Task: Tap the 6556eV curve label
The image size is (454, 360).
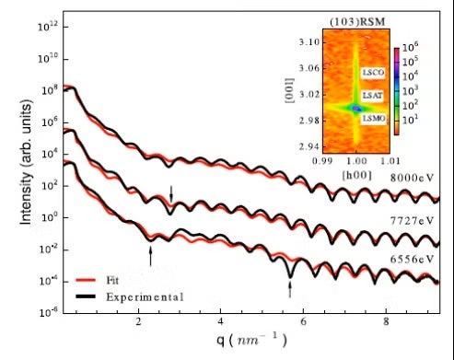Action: click(x=410, y=260)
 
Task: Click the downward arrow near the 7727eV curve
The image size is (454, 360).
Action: click(x=170, y=193)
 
